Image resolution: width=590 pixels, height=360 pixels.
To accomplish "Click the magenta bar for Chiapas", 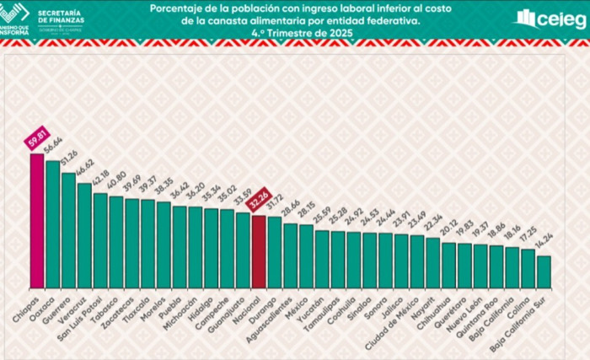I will click(37, 219).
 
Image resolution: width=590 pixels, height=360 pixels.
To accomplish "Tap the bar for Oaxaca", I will click(53, 223).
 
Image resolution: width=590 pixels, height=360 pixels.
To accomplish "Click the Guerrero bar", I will click(68, 228).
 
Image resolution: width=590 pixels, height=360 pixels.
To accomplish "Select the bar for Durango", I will click(275, 252).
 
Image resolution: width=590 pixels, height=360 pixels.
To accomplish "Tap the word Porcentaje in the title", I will click(176, 8).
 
